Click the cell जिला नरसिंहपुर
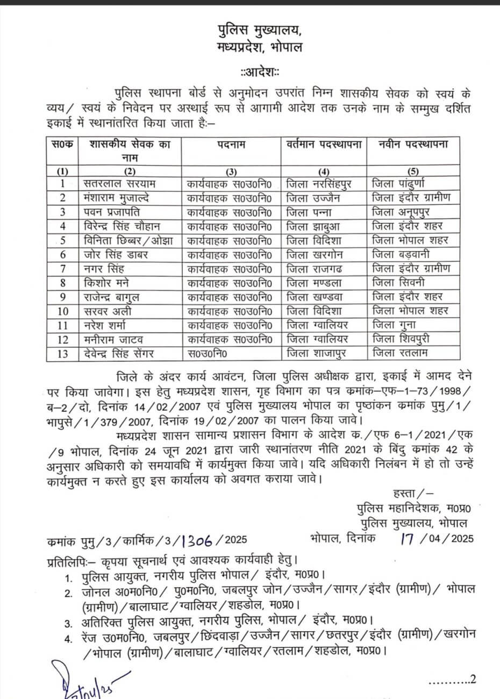(x=319, y=184)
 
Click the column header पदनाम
(x=231, y=144)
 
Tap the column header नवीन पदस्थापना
(x=413, y=144)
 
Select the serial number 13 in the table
(x=63, y=353)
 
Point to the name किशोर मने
(x=110, y=282)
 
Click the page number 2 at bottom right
(x=473, y=679)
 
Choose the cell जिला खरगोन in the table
(x=318, y=254)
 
